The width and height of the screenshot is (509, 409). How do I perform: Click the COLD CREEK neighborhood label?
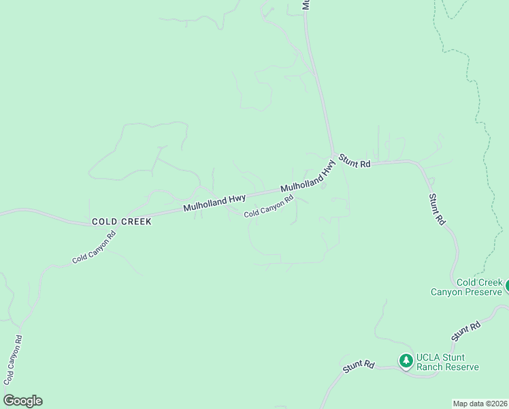122,222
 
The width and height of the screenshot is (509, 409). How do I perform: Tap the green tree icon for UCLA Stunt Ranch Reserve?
406,360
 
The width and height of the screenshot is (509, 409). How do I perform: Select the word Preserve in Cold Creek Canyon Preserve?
480,292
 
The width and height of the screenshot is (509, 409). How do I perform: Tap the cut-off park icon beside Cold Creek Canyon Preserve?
506,287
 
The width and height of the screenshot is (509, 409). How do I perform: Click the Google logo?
22,401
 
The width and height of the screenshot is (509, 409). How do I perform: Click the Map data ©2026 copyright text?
480,403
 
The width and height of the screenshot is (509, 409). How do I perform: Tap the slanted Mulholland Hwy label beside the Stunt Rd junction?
309,177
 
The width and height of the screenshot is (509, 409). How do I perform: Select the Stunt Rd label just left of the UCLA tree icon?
359,366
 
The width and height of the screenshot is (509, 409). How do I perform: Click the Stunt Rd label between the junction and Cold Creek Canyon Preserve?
436,209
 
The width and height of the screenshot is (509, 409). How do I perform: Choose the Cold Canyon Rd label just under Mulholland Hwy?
269,207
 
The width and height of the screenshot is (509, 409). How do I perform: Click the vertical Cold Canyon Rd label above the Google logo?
13,359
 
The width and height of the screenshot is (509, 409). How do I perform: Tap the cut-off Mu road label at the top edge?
306,4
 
